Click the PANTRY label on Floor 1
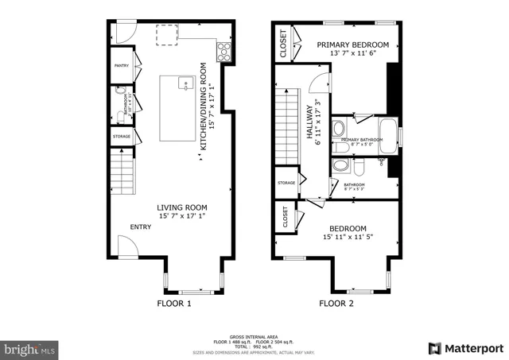(x=122, y=66)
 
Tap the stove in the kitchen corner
(x=223, y=52)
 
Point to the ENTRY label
(x=141, y=227)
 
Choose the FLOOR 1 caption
(x=175, y=303)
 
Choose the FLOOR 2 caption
(x=336, y=303)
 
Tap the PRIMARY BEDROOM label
(x=353, y=45)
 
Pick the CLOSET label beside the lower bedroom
(x=284, y=217)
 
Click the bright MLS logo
(x=30, y=348)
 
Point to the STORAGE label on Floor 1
(x=121, y=137)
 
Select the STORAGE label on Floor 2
(x=286, y=183)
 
